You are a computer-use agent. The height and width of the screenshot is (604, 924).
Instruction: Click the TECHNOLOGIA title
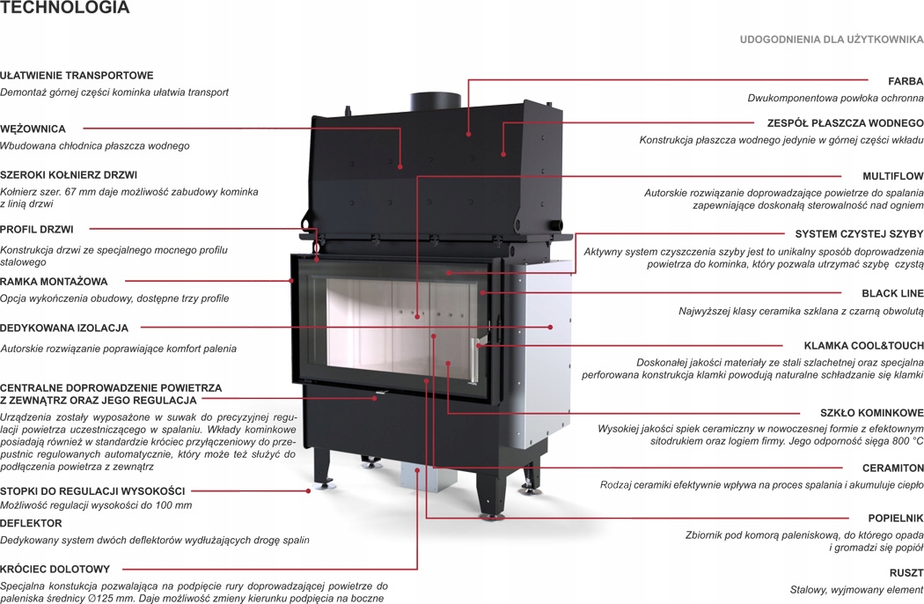[65, 9]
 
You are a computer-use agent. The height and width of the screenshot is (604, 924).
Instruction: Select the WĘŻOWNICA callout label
[33, 129]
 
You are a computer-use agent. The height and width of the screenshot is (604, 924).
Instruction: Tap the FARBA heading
[906, 81]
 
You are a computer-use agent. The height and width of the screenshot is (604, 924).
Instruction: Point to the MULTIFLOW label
[892, 176]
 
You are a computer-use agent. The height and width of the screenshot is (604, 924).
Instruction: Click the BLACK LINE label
[892, 293]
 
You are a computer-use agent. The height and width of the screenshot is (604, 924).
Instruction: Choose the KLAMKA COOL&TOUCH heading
[863, 345]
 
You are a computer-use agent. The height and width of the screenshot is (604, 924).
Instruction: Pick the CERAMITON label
[892, 468]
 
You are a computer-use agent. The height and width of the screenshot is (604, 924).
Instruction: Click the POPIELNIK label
[896, 519]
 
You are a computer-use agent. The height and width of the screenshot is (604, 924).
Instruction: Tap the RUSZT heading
[906, 572]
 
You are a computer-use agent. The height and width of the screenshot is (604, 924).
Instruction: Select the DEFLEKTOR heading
[31, 523]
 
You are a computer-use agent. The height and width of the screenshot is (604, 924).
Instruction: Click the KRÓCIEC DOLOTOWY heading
[55, 569]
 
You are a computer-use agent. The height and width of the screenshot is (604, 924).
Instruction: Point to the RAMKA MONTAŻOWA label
[54, 282]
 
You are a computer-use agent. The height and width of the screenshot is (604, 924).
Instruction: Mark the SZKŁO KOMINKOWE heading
[871, 412]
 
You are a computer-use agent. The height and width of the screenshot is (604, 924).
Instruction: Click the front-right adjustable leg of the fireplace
[489, 497]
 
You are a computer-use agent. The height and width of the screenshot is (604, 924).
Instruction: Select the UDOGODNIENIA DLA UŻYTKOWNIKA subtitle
[831, 40]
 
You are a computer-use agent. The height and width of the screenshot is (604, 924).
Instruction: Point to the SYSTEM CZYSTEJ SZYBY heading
[859, 234]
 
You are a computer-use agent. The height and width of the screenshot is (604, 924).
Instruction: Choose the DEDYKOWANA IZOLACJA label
[64, 328]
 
